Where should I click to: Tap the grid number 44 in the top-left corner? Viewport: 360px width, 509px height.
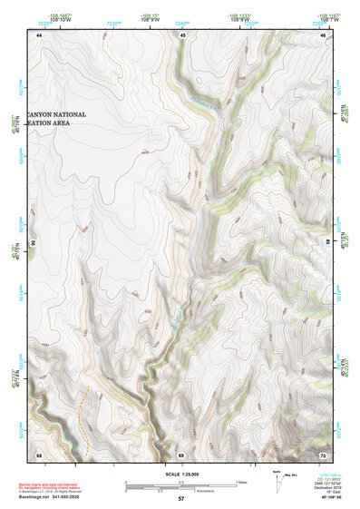[39, 34]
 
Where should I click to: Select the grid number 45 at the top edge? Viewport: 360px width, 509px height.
[182, 34]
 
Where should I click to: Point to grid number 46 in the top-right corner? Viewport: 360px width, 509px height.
[324, 34]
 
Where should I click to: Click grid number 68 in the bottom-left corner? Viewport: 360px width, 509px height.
[39, 454]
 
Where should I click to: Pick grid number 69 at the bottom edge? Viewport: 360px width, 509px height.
[180, 454]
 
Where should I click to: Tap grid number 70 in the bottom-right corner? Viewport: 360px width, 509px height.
[324, 454]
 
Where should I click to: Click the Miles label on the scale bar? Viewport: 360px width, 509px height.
[240, 481]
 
